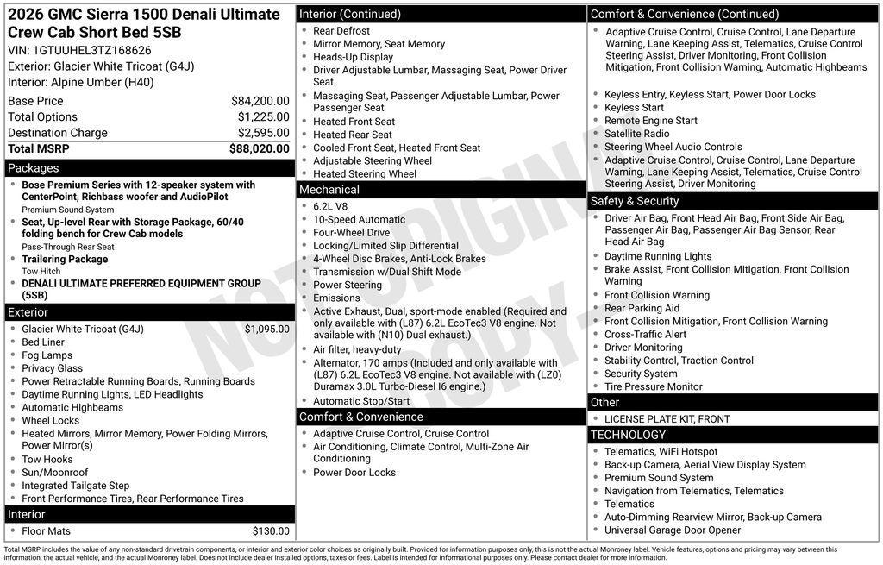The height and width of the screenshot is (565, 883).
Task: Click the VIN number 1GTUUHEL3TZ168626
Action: click(x=91, y=50)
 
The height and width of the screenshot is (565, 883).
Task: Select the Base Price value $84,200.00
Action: click(x=260, y=101)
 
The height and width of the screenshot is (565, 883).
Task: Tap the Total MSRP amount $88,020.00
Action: click(x=259, y=148)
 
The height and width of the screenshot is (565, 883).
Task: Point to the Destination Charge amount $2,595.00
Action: click(x=263, y=133)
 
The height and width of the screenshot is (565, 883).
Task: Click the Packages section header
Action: click(x=34, y=168)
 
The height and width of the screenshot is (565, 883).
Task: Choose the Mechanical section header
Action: click(x=329, y=190)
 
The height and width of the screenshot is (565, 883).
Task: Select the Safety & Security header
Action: click(x=635, y=201)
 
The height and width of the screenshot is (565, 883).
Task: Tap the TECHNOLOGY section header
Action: click(x=629, y=435)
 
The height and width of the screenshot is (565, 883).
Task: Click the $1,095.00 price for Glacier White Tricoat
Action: click(x=266, y=329)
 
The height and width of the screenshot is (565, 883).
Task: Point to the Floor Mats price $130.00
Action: click(x=271, y=531)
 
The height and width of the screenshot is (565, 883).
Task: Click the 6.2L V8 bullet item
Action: click(x=330, y=206)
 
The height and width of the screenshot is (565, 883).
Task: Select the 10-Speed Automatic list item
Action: click(x=359, y=219)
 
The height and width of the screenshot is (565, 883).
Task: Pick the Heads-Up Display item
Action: click(x=353, y=57)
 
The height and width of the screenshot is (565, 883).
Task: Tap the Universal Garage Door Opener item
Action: click(x=673, y=530)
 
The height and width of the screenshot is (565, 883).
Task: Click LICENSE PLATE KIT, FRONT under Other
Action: click(x=667, y=419)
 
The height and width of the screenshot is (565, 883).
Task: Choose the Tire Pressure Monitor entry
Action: click(x=653, y=386)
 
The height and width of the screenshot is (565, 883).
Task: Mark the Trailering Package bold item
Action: click(x=65, y=259)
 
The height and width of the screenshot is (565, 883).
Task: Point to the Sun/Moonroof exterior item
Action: click(x=55, y=473)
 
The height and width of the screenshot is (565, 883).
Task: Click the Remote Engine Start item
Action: click(x=651, y=121)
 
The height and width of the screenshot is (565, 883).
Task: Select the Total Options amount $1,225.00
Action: click(x=263, y=116)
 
